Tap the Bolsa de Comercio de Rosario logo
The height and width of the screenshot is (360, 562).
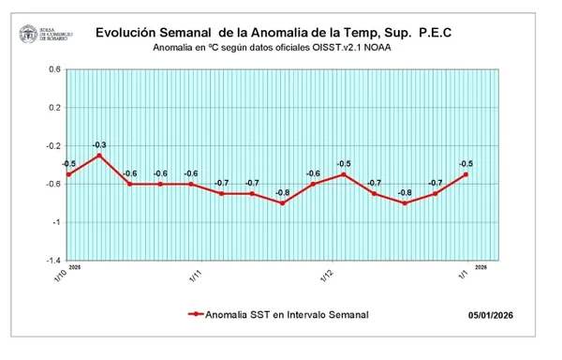click(41, 36)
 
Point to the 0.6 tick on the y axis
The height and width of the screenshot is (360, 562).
click(54, 69)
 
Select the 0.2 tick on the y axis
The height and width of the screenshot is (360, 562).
click(54, 108)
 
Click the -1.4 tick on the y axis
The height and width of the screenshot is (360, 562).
click(52, 261)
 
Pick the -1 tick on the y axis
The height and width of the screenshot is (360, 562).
click(56, 222)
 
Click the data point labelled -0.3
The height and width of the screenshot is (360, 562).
click(99, 155)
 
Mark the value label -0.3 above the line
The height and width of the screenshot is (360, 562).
click(99, 144)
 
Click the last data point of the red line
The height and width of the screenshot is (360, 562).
click(466, 174)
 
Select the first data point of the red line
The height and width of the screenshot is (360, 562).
click(68, 174)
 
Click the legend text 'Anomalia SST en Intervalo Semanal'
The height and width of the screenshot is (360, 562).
click(288, 315)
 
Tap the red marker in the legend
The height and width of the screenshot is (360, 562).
click(196, 315)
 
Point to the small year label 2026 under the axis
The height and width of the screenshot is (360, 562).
click(481, 267)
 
